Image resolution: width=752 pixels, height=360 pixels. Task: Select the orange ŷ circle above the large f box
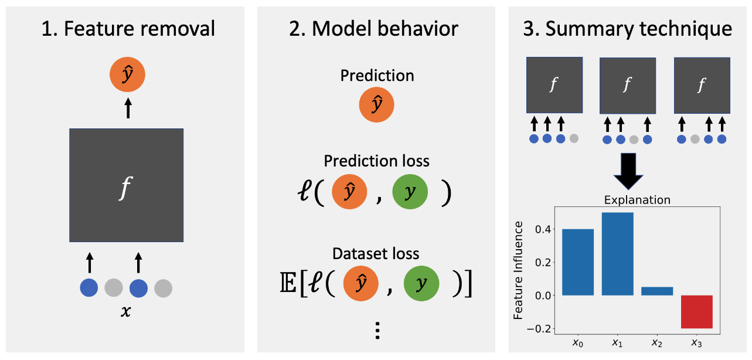(x=127, y=76)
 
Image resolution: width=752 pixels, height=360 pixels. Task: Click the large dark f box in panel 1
(x=127, y=185)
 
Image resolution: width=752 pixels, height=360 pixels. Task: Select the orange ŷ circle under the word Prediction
(x=377, y=106)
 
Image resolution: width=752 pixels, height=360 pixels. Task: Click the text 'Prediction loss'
(x=377, y=161)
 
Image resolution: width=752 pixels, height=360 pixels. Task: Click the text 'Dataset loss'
(x=376, y=253)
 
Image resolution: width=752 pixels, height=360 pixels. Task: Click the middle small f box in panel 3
(x=627, y=86)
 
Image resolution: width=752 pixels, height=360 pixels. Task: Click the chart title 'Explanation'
(x=637, y=200)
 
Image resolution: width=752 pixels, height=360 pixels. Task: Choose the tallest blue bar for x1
(x=617, y=253)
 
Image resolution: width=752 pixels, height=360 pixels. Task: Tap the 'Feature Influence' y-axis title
(x=519, y=274)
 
